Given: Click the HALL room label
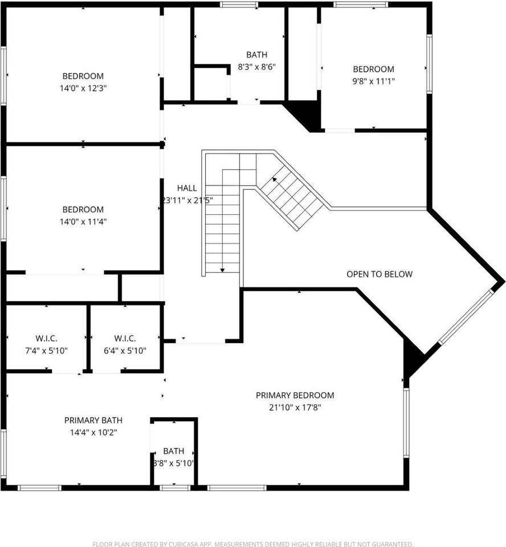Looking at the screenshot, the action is pyautogui.click(x=187, y=188).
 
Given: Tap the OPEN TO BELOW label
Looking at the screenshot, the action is pyautogui.click(x=379, y=274).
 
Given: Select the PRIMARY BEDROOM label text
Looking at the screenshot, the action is pyautogui.click(x=295, y=395).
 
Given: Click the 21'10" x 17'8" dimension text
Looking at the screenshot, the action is pyautogui.click(x=295, y=407).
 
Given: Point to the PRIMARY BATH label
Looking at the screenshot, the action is pyautogui.click(x=93, y=421).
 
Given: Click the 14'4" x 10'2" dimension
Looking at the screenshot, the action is pyautogui.click(x=93, y=432).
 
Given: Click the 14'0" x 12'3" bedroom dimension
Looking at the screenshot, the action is pyautogui.click(x=83, y=88).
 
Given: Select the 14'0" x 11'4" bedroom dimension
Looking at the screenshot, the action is pyautogui.click(x=83, y=222).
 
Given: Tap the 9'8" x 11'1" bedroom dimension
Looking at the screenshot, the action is pyautogui.click(x=373, y=81).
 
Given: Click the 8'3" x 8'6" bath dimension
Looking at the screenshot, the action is pyautogui.click(x=257, y=67).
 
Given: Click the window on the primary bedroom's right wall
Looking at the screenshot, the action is pyautogui.click(x=406, y=422).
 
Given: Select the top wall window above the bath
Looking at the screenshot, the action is pyautogui.click(x=239, y=5).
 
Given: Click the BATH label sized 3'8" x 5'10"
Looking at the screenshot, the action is pyautogui.click(x=173, y=451).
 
